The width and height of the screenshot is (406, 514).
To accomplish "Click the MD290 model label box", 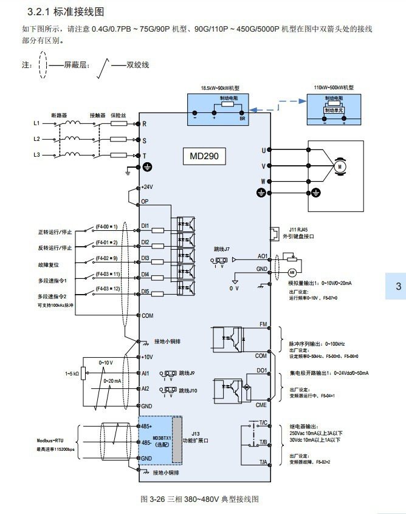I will tap(204, 156).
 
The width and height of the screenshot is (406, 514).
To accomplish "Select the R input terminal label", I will tap(144, 124).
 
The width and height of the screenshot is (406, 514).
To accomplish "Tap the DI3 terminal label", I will tap(145, 258).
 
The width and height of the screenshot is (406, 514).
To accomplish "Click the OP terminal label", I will tap(145, 200).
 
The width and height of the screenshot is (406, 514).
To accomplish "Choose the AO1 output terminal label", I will tap(262, 257).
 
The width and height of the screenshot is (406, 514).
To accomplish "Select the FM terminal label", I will tap(263, 324).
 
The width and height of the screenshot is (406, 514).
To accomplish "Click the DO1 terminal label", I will tap(262, 369).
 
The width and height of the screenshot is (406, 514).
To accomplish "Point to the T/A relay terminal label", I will tap(263, 462).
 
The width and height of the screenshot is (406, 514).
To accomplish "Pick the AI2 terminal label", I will tap(145, 388).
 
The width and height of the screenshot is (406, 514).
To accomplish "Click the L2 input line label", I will tap(36, 139).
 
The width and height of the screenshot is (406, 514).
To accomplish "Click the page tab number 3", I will tap(398, 287).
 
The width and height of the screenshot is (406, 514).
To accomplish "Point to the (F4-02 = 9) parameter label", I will tap(106, 258).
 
